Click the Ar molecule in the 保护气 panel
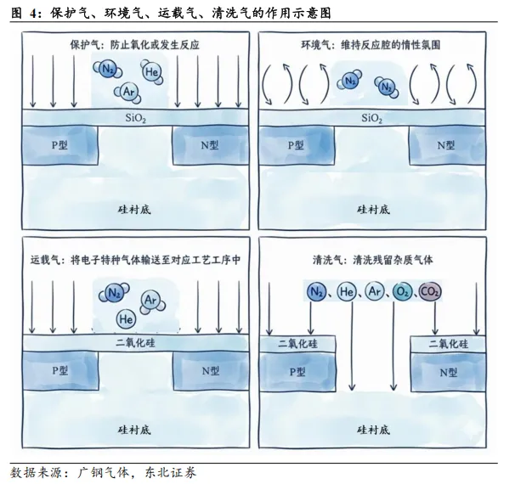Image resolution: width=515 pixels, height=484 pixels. pos(129,90)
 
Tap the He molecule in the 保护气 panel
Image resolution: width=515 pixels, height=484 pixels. pos(152,73)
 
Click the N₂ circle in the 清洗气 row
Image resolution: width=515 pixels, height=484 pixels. pos(316,293)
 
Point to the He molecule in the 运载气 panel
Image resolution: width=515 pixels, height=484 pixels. pos(127,319)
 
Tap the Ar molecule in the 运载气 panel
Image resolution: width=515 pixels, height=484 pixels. pos(150,299)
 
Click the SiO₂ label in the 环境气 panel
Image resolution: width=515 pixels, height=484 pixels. pos(371,119)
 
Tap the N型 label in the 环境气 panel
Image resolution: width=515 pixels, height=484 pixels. pos(446,145)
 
